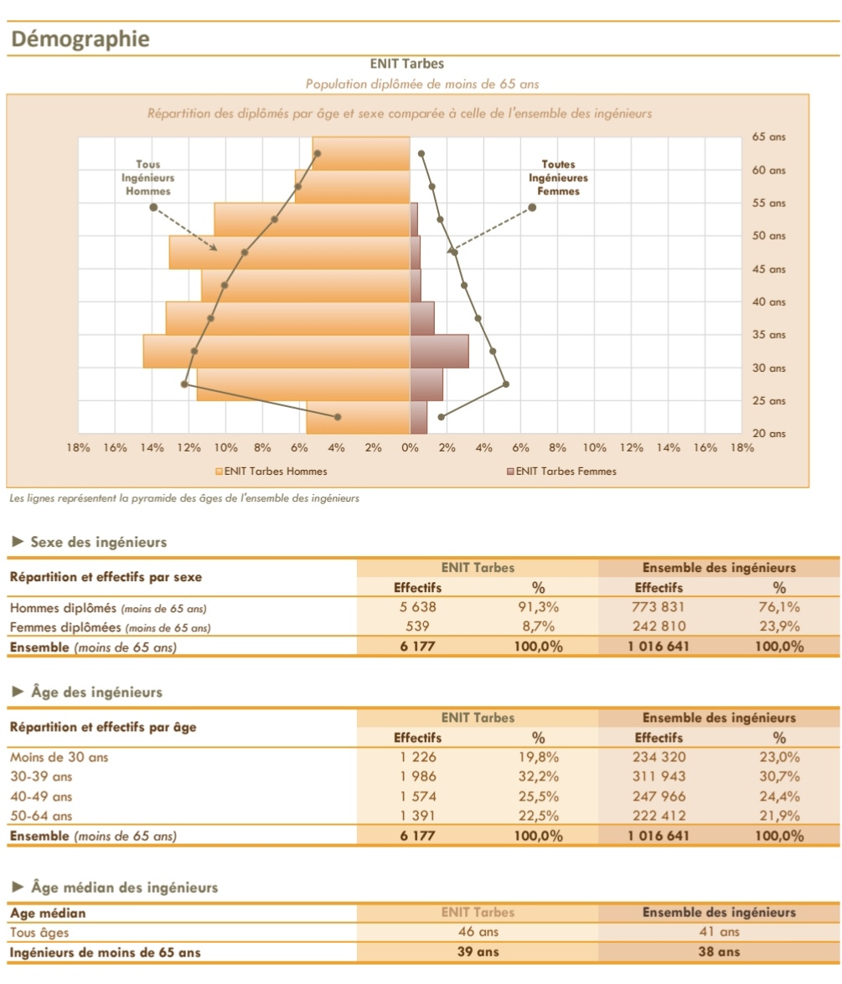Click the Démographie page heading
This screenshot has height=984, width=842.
click(80, 39)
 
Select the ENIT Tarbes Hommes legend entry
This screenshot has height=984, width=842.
click(271, 471)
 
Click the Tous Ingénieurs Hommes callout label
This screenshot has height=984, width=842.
click(147, 178)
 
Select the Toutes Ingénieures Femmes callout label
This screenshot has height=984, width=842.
click(558, 178)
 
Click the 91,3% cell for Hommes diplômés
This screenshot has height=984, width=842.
click(538, 608)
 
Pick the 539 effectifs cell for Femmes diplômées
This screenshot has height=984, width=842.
click(417, 626)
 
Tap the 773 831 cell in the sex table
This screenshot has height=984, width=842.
click(659, 608)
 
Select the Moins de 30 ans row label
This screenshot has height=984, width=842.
click(59, 758)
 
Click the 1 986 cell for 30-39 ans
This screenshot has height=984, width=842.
click(417, 777)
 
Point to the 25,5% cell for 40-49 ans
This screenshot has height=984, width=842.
click(538, 796)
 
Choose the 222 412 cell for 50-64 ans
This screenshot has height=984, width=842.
click(659, 816)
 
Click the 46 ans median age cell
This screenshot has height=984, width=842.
click(478, 932)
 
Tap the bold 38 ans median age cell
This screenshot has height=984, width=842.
click(719, 951)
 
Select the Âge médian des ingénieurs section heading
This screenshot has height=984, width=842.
click(124, 888)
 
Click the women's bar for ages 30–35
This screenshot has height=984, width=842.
click(439, 352)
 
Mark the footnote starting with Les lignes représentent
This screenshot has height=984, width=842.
click(184, 498)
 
